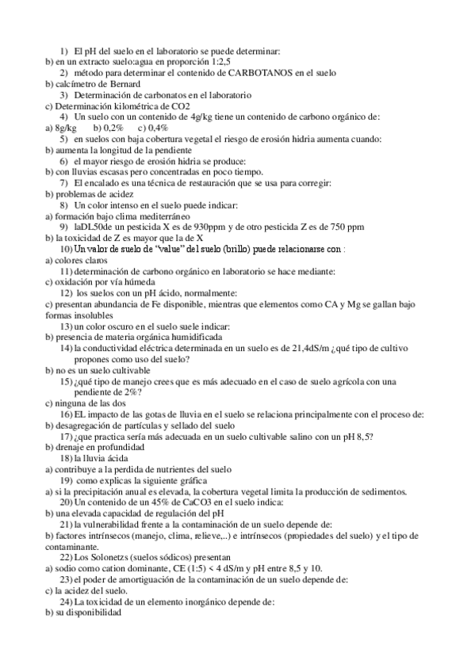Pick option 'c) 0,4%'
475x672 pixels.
152,128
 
